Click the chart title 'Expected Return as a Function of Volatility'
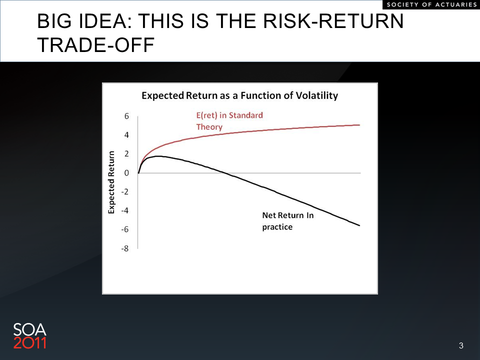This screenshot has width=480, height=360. click(x=239, y=95)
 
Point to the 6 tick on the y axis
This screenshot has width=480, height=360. click(x=126, y=116)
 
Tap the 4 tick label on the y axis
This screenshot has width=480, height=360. click(x=126, y=135)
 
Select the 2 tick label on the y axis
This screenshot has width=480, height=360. click(x=126, y=154)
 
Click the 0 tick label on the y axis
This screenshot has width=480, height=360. click(x=126, y=173)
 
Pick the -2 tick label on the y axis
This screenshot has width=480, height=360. click(x=124, y=192)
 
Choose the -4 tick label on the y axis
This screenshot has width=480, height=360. click(x=124, y=210)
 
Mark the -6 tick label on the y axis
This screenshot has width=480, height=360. click(x=124, y=229)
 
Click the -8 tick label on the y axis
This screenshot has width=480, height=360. click(x=124, y=248)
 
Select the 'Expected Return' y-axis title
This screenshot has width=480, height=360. click(x=111, y=182)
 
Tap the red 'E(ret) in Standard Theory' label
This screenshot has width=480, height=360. click(x=229, y=121)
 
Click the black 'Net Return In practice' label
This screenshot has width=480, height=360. click(x=288, y=221)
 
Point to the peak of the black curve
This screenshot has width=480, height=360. click(x=158, y=156)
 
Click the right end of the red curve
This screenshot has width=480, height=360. click(x=359, y=125)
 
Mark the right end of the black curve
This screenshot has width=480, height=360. click(x=359, y=225)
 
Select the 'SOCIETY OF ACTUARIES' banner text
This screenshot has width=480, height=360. click(x=432, y=4)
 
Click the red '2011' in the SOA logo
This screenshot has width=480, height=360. click(x=29, y=343)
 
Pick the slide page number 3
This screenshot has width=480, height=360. click(x=461, y=345)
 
